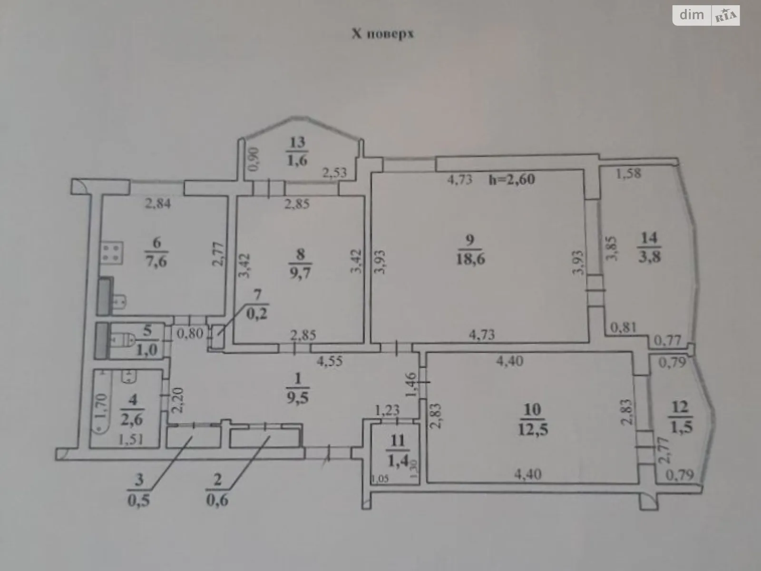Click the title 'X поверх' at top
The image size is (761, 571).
[382, 34]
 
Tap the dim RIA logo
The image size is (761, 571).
[706, 16]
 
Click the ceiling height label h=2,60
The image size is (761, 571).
[512, 179]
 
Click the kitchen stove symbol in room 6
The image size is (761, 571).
[112, 252]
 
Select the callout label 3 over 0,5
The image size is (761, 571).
[138, 490]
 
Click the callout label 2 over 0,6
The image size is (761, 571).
[217, 490]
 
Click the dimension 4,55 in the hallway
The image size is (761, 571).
[330, 361]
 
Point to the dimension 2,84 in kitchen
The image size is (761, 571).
[157, 204]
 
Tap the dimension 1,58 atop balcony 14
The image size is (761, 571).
[628, 173]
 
